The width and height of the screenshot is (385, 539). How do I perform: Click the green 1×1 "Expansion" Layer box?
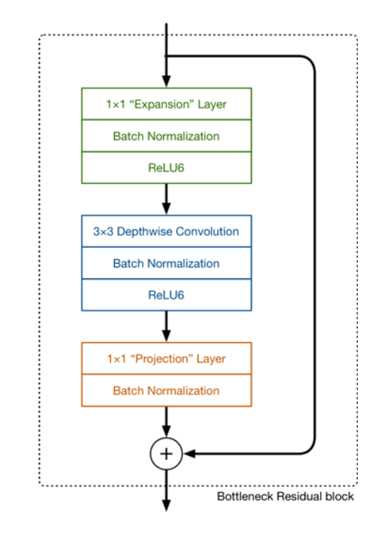(x=166, y=104)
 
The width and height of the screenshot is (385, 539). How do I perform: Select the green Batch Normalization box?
(x=166, y=136)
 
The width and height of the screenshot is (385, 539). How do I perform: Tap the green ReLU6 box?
(x=166, y=167)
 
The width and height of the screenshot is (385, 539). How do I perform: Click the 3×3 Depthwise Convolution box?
(x=166, y=231)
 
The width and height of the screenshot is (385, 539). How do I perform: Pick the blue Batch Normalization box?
(x=166, y=263)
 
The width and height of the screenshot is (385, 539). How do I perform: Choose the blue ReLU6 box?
(x=166, y=295)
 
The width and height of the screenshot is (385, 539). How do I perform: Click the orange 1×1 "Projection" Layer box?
(x=166, y=359)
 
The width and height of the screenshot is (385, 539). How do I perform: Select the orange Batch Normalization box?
(x=166, y=390)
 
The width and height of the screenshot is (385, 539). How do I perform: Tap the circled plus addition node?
(x=166, y=454)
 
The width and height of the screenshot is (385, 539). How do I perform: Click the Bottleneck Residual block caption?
(x=285, y=496)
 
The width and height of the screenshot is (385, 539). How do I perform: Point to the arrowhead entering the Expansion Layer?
(x=166, y=81)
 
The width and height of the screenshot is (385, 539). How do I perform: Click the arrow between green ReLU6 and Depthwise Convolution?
(x=166, y=199)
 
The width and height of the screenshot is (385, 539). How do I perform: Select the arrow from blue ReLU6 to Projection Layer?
(x=166, y=326)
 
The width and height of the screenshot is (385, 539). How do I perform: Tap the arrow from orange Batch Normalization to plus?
(x=166, y=422)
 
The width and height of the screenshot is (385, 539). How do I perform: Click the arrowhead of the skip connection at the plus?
(x=189, y=454)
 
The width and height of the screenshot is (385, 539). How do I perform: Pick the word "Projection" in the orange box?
(x=162, y=359)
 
